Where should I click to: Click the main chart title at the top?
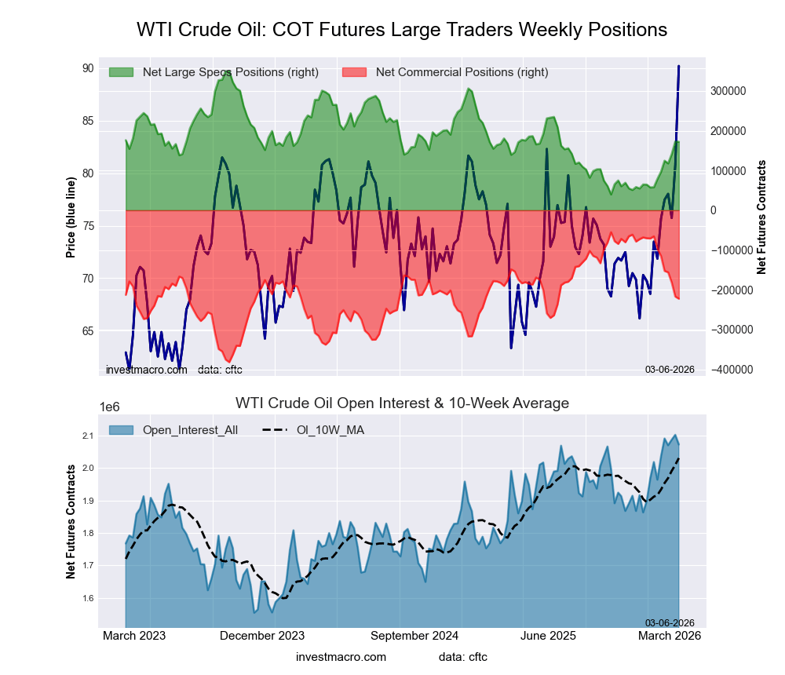402,30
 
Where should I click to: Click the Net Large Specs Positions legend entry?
230,72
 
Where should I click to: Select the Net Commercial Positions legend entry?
462,72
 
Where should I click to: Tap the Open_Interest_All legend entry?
190,429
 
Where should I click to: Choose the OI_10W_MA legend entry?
330,429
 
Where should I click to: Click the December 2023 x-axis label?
262,636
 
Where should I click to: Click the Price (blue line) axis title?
71,217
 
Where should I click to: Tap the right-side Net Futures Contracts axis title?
761,217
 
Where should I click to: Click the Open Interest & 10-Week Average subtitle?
402,403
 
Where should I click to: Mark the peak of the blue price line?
679,67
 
